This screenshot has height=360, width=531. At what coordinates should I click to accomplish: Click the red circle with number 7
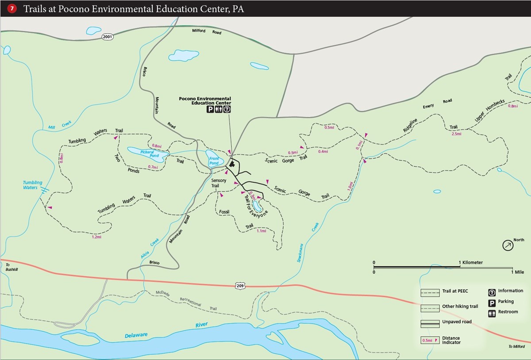pos(12,8)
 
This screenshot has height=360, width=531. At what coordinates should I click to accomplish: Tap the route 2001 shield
pos(107,37)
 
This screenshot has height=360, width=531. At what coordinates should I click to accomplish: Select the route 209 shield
pos(239,286)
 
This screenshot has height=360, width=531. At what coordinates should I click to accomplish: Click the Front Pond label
pos(214,161)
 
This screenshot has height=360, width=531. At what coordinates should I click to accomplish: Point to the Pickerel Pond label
pos(150,154)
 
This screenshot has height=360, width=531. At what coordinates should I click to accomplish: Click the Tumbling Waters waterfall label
pos(33,185)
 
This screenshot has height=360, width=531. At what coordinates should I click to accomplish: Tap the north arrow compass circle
pos(508,245)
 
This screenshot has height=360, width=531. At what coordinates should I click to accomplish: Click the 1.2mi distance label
pos(96,237)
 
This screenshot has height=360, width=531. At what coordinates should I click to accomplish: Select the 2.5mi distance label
pos(456,134)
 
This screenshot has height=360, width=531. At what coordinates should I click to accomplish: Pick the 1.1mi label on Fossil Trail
pos(261,231)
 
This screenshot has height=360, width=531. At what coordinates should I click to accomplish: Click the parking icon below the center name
pos(210,109)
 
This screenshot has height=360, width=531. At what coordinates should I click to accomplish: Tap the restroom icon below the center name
pos(219,109)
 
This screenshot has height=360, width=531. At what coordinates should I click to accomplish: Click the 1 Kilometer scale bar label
pos(471,263)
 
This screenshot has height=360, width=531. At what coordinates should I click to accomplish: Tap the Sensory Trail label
pos(218,183)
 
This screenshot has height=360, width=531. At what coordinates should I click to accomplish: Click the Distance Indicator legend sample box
pos(430,341)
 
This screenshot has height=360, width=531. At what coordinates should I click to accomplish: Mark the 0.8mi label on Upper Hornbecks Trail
pos(513,106)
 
